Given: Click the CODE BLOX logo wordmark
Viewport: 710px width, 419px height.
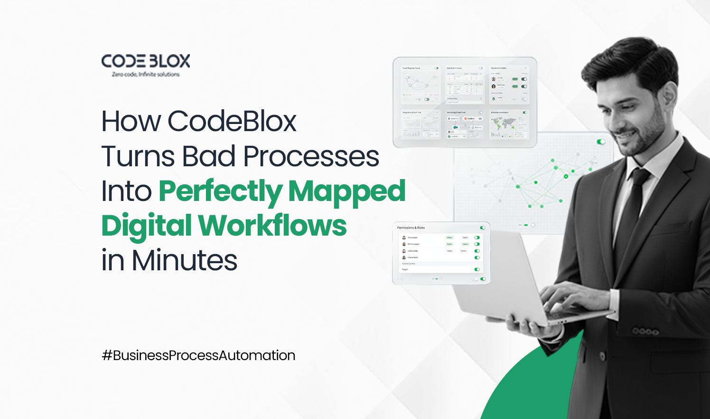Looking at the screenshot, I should coord(146,61).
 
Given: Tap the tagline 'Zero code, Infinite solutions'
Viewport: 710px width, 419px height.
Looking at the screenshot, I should coord(146,75).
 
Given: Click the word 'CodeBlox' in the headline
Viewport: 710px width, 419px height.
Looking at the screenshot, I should coord(232,121).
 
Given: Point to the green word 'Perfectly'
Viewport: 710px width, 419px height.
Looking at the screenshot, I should coord(220,192).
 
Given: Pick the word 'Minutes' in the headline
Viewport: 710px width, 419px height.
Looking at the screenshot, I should coord(185,260).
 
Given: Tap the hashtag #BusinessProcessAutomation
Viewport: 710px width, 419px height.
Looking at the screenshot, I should coord(198,355).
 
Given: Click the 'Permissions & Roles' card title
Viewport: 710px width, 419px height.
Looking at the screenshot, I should coord(411,228).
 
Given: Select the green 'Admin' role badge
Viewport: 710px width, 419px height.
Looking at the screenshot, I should coord(449,238).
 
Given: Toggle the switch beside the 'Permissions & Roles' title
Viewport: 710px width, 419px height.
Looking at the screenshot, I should coord(483,228).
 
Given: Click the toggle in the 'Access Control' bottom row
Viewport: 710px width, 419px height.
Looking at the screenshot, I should coord(477,269).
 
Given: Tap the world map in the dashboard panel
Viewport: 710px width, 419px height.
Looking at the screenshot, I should coord(503,125).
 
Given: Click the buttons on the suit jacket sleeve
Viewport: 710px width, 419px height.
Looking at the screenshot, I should coord(645,331).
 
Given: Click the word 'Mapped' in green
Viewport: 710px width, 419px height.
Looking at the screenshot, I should coord(347,191).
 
